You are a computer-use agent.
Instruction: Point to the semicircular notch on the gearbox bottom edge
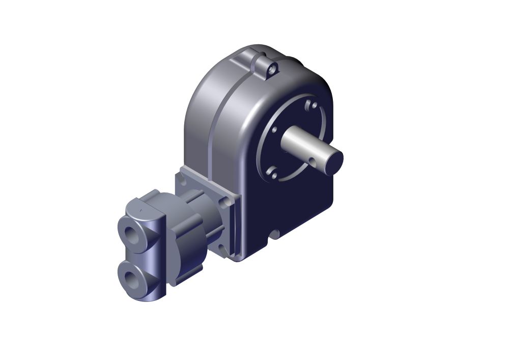(275, 235)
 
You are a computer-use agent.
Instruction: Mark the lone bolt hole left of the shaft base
(274, 130)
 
